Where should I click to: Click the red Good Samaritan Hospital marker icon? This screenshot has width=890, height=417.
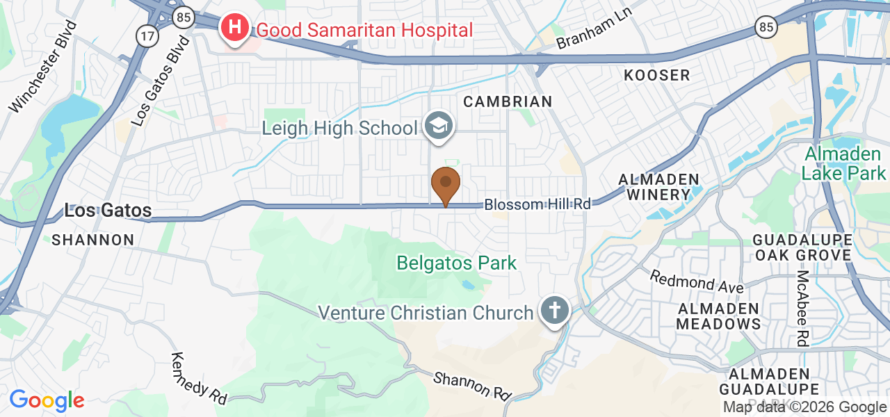pos(236,28)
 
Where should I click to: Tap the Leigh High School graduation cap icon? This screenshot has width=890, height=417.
pos(439,126)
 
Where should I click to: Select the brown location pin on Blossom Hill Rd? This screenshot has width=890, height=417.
pos(446,183)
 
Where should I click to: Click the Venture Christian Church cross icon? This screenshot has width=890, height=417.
pos(554,310)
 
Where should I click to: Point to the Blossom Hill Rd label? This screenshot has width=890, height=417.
pos(537,204)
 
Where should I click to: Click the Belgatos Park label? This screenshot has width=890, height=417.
pos(457,263)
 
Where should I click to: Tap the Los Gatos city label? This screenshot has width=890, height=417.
pos(108,210)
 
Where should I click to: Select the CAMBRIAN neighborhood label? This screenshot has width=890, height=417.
pos(508,101)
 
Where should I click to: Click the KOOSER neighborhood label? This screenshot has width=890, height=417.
pos(657,75)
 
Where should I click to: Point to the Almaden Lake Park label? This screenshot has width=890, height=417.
pos(845,163)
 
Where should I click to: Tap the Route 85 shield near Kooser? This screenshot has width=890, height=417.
pos(766,27)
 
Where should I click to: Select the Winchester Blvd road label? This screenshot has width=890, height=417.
pos(44,67)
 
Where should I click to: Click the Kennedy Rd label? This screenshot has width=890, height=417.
pos(199,378)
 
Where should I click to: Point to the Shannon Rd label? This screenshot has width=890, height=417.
pos(472,385)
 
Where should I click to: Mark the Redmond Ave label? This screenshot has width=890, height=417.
pos(697,281)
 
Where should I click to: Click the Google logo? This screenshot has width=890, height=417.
pos(47,400)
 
